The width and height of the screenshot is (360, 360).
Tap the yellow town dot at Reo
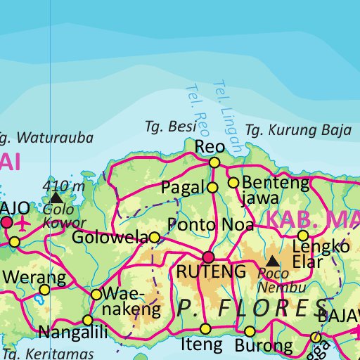tap(214, 162)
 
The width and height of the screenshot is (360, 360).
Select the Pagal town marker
tap(212, 187)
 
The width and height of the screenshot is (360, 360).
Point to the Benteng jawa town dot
tap(233, 183)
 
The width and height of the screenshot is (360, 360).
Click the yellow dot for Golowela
tap(155, 238)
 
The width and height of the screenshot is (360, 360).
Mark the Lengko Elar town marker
tap(303, 236)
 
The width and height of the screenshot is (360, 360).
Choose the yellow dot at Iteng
tap(205, 328)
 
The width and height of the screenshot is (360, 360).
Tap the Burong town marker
tap(250, 331)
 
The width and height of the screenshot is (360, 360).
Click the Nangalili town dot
tap(87, 320)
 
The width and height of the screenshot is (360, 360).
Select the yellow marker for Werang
tap(44, 290)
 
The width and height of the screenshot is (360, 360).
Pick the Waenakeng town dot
tap(96, 294)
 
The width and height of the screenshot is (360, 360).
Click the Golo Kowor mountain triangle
tap(56, 199)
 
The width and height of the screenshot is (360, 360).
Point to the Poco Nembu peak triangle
tap(271, 261)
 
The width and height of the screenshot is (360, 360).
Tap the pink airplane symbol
tap(22, 224)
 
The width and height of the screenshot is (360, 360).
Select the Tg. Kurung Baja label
tap(298, 130)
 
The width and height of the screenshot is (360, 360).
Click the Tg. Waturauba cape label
tap(46, 137)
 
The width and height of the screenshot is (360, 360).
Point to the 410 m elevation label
tap(63, 186)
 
